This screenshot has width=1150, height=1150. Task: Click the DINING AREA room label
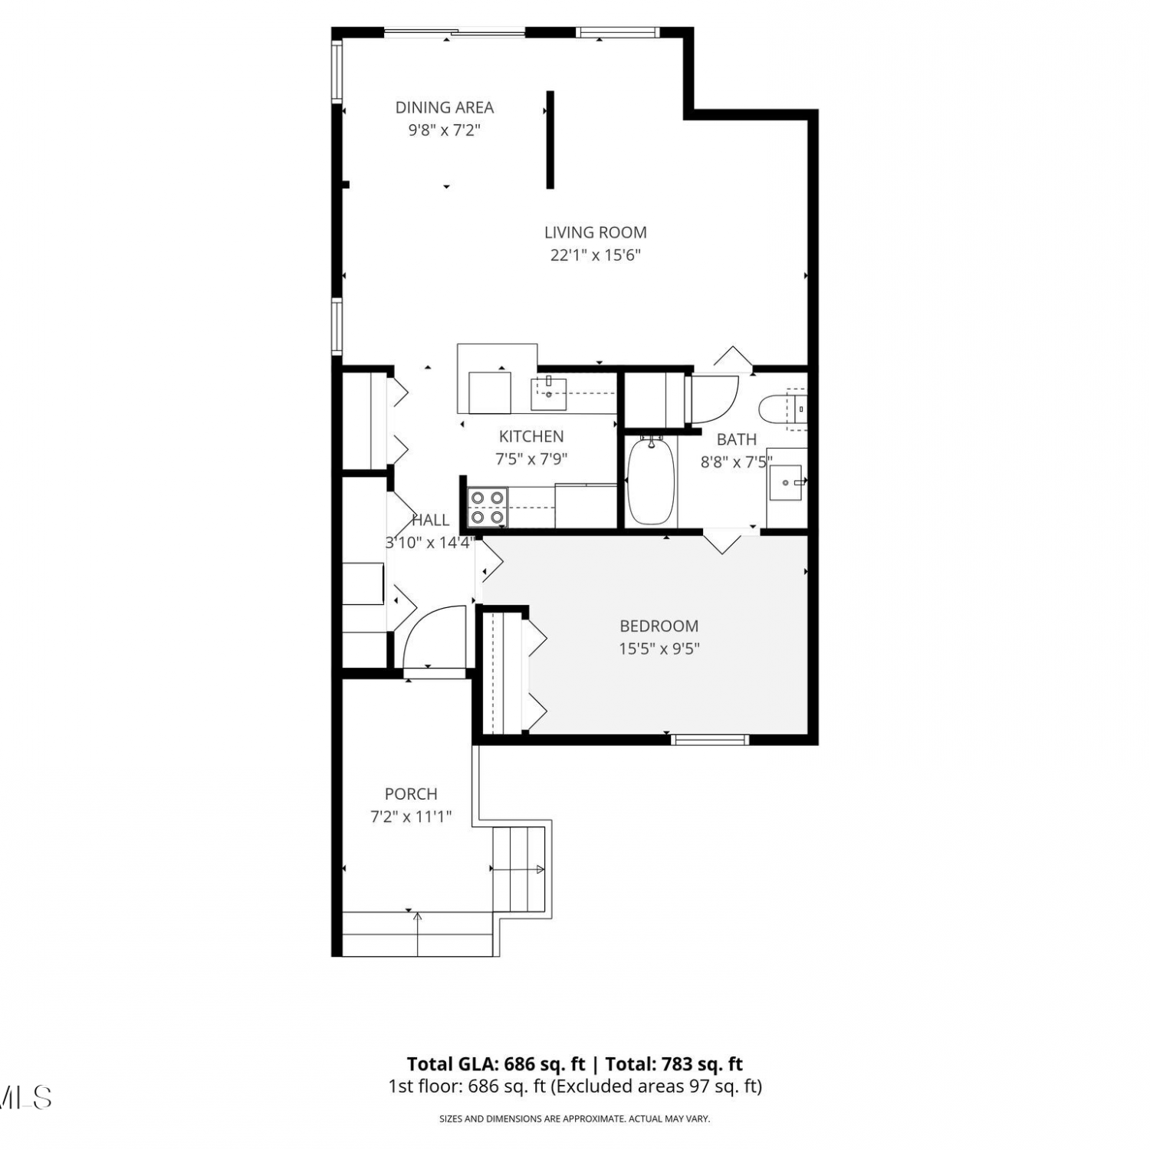click(445, 107)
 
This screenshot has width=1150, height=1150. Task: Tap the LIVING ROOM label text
click(596, 232)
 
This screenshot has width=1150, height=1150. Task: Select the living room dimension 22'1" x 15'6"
click(596, 255)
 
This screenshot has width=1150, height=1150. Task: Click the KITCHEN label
click(531, 436)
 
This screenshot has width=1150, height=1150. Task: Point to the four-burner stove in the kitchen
click(488, 508)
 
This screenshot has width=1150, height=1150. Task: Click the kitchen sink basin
click(549, 394)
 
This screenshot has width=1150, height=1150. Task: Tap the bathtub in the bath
click(651, 481)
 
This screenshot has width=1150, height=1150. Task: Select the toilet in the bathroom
click(782, 408)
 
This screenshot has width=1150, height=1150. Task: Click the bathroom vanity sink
click(786, 482)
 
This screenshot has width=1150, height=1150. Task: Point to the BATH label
click(737, 439)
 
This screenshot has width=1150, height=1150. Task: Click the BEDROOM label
click(659, 626)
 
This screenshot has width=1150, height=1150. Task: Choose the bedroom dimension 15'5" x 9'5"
click(659, 649)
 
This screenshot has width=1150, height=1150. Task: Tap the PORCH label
click(411, 794)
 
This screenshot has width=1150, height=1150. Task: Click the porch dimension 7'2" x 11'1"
click(411, 817)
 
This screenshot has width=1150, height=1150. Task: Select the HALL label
click(431, 520)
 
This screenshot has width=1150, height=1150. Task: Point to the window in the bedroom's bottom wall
click(709, 740)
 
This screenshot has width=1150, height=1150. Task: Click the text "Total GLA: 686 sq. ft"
click(496, 1064)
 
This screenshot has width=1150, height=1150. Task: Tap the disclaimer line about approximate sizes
click(574, 1119)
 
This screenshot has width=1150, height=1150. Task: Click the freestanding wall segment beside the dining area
click(550, 140)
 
